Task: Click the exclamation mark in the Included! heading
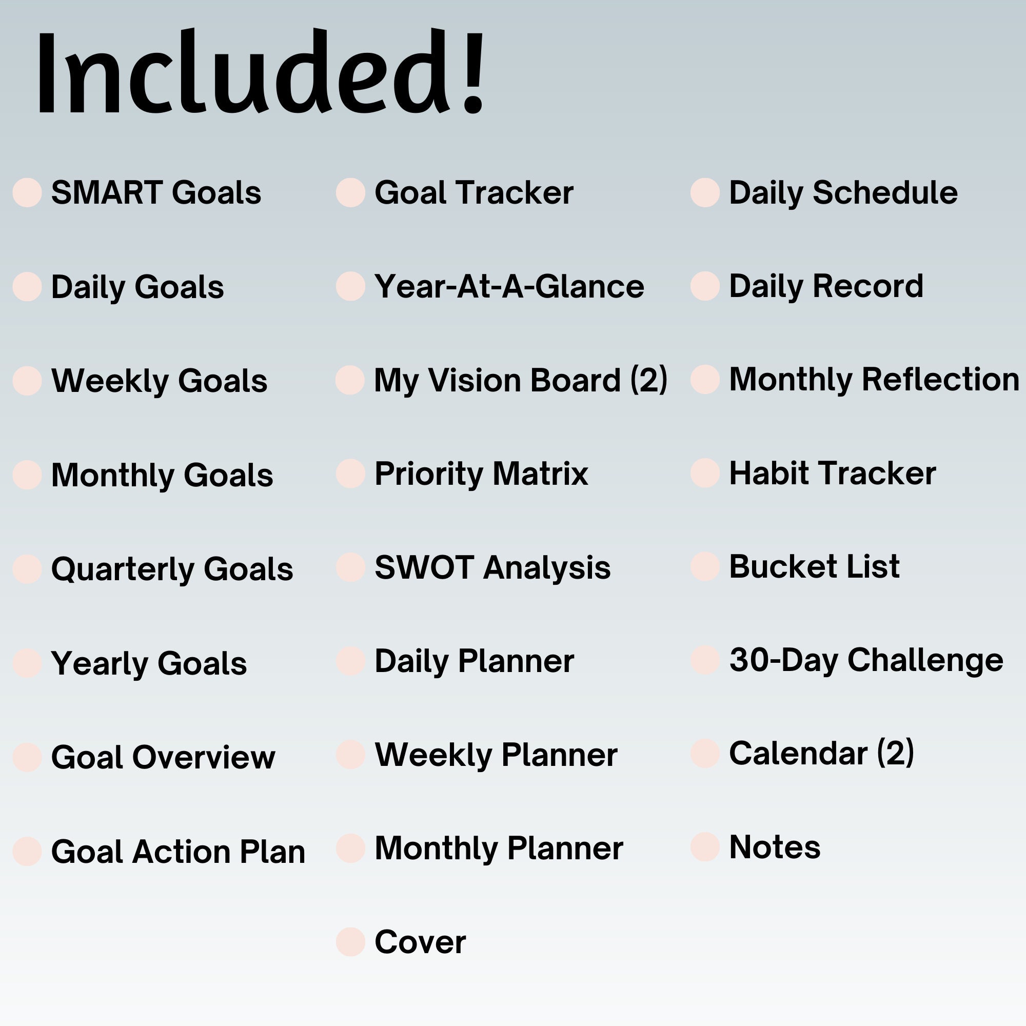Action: click(x=472, y=72)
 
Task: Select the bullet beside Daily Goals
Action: click(x=27, y=287)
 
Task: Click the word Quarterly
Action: click(x=123, y=569)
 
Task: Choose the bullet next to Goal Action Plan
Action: click(x=27, y=851)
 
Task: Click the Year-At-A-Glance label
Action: click(x=509, y=287)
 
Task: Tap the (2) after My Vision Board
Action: click(x=648, y=380)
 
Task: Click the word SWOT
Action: click(x=424, y=567)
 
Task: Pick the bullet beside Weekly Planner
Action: click(x=350, y=755)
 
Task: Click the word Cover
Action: click(x=420, y=942)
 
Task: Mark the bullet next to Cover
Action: click(x=350, y=942)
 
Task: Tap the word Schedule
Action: click(x=885, y=192)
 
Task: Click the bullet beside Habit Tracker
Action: click(x=705, y=472)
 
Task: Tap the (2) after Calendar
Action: click(x=895, y=753)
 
